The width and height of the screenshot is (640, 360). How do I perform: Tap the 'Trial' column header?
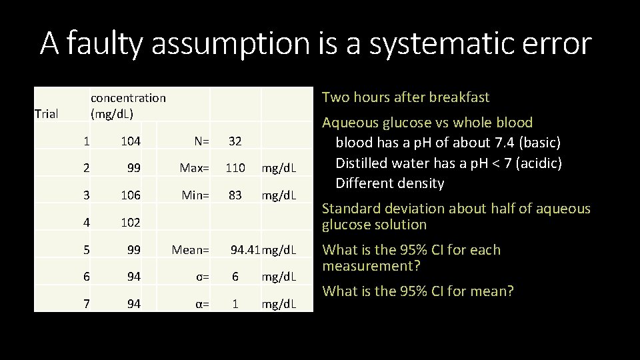coord(47,114)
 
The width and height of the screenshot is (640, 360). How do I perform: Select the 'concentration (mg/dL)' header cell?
coord(128,105)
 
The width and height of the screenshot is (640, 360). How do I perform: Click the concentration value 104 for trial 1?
coord(131,141)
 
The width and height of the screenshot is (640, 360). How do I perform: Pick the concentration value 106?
coord(131,196)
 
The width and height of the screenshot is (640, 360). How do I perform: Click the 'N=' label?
coord(201,141)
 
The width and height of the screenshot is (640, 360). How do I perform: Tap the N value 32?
coord(235,141)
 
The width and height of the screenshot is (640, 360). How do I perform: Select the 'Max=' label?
coord(195,168)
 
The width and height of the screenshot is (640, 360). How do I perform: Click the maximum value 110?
coord(235,168)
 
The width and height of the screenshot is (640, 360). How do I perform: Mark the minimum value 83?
coord(235,196)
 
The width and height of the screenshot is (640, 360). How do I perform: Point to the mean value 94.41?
coord(245,250)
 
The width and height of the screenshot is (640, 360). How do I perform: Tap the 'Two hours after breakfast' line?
coord(405,97)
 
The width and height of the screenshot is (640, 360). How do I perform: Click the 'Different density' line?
coord(390,183)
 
